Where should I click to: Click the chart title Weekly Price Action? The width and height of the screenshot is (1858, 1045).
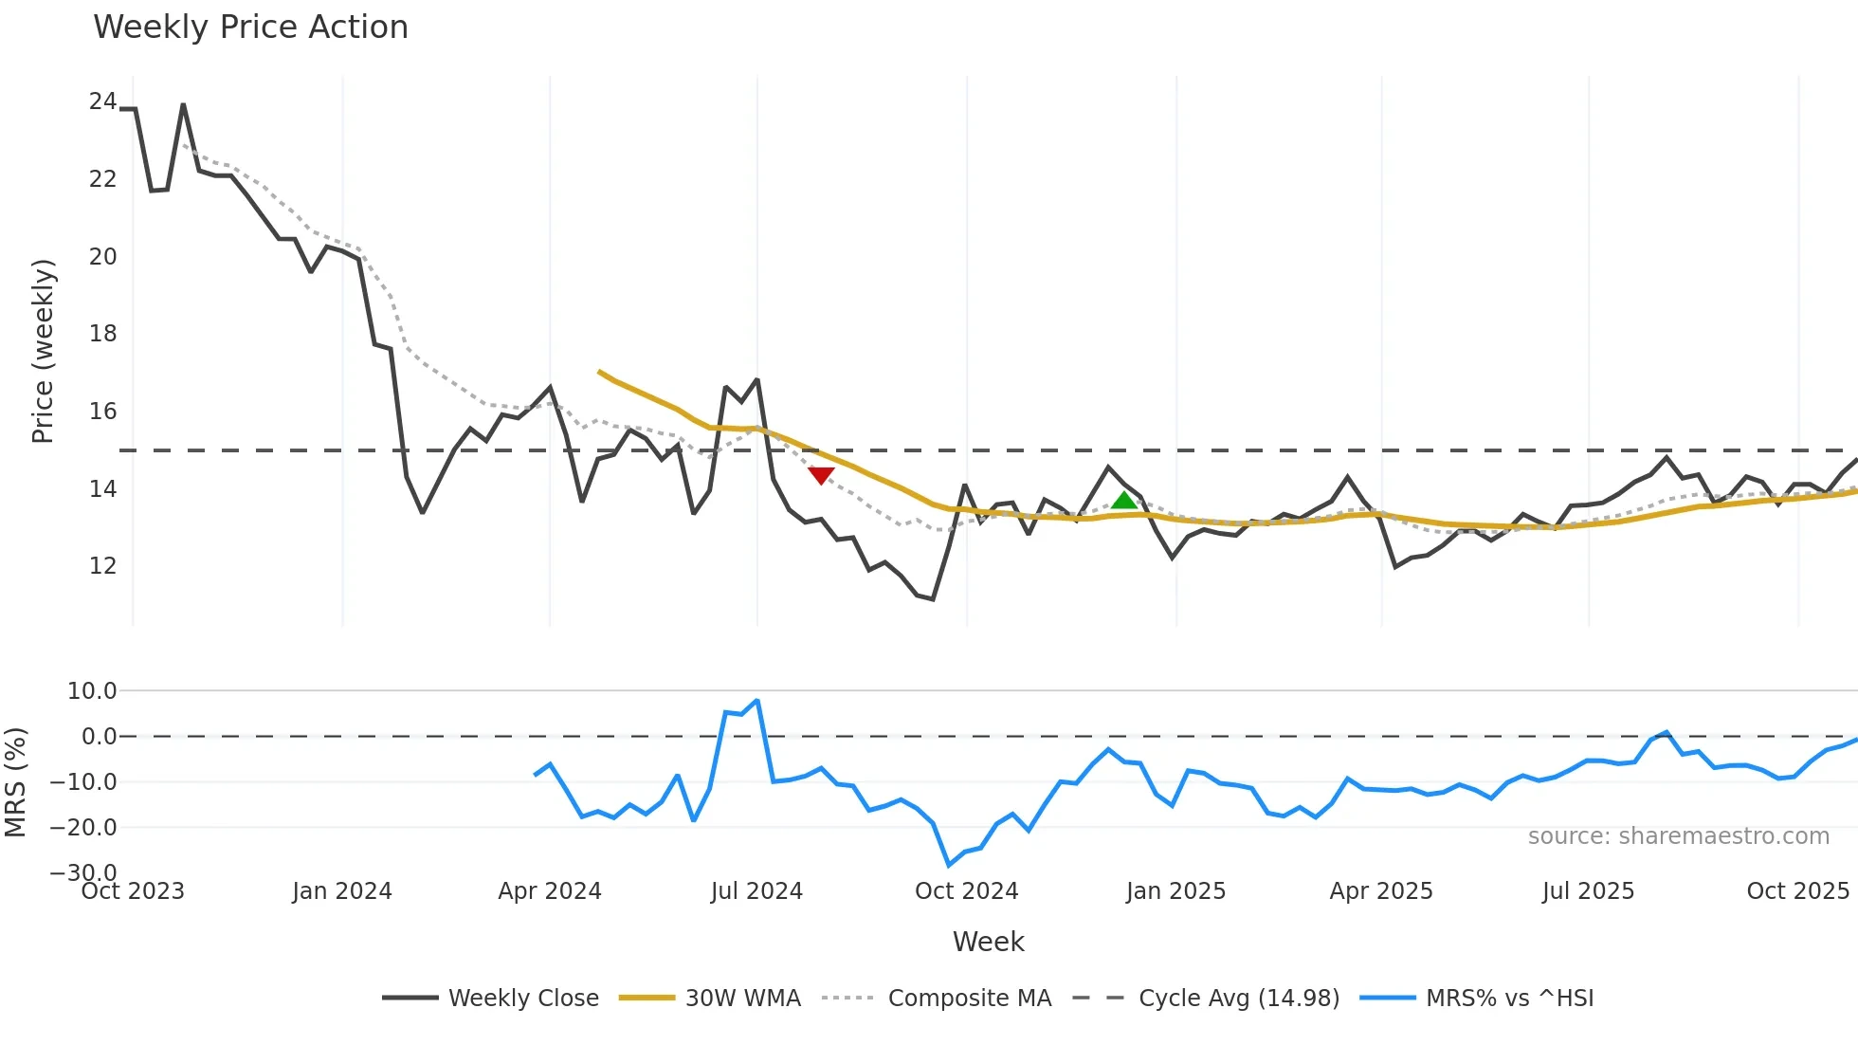point(250,27)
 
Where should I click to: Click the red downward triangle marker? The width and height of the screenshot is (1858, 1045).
point(821,475)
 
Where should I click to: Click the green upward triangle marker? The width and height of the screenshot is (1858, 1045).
point(1123,501)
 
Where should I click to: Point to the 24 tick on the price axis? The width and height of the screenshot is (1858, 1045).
point(102,101)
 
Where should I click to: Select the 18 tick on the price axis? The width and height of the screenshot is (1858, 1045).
point(102,334)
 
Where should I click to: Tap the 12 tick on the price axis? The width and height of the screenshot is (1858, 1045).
point(102,566)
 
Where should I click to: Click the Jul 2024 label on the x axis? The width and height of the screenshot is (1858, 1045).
point(756,891)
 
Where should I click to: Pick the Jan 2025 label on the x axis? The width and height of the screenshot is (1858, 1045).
point(1175,891)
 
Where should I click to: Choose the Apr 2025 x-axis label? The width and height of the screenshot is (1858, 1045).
point(1381,891)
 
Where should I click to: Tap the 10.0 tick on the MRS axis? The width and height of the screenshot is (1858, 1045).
point(92,691)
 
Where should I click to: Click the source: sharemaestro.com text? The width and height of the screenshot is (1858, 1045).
point(1678,836)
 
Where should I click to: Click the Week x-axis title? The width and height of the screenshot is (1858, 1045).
point(988,942)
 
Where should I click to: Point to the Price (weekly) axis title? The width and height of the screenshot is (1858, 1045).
point(43,351)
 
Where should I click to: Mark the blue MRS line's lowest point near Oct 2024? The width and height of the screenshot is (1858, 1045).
point(949,865)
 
